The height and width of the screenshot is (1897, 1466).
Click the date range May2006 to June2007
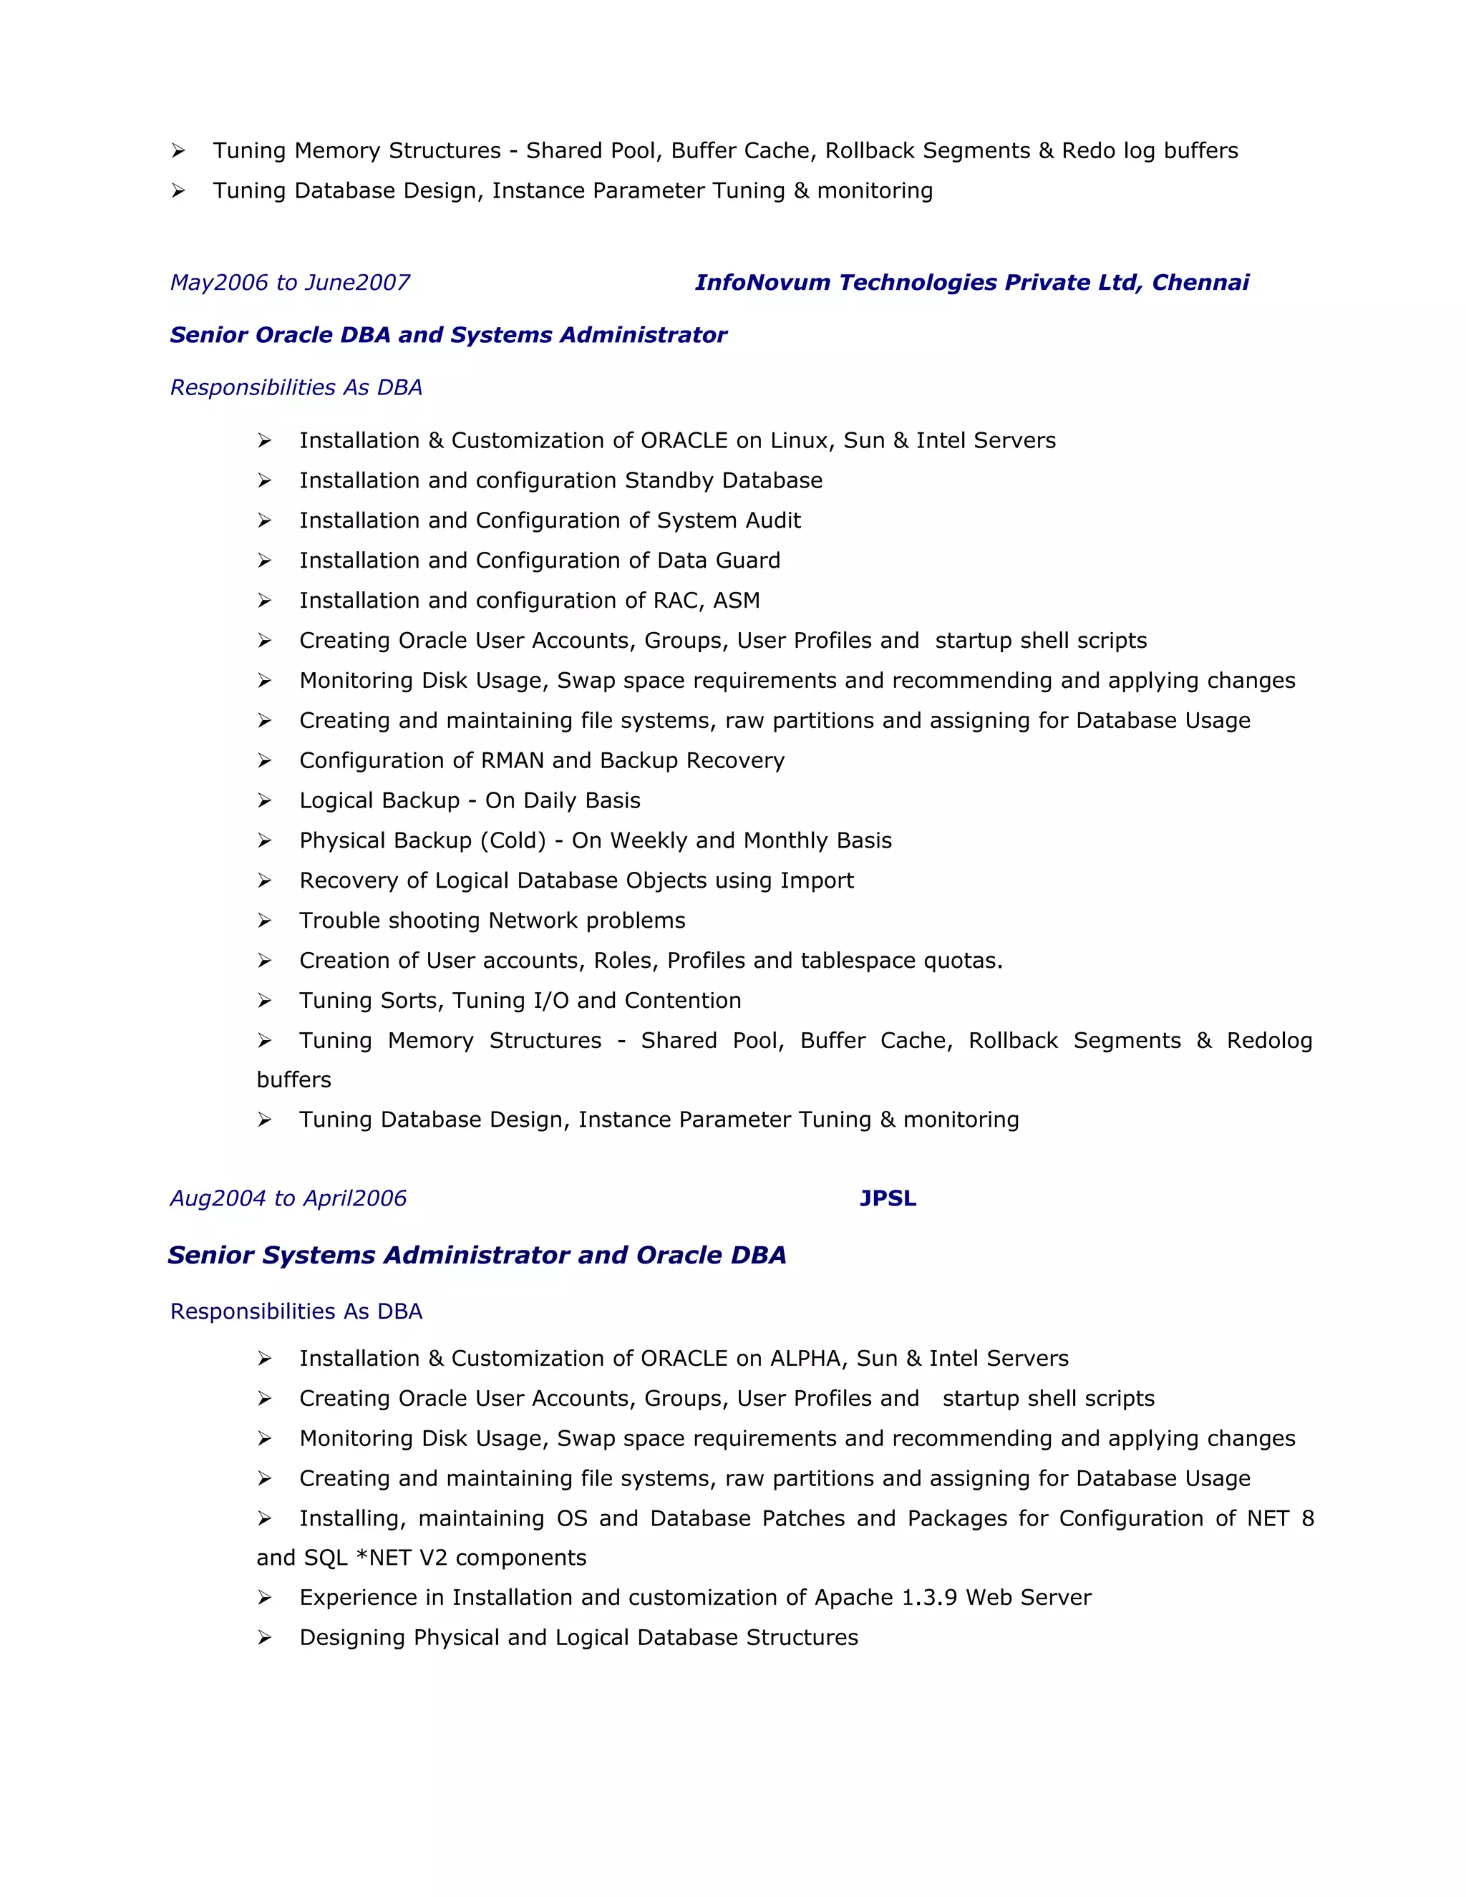pyautogui.click(x=289, y=282)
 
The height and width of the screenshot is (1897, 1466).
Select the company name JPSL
pyautogui.click(x=888, y=1198)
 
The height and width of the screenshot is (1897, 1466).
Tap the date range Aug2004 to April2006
pyautogui.click(x=288, y=1198)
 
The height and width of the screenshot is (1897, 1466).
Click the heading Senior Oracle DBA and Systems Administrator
pyautogui.click(x=448, y=334)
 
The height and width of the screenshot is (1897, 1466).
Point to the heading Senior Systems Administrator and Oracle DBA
pyautogui.click(x=476, y=1254)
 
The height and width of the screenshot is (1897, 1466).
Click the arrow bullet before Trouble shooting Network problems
pyautogui.click(x=264, y=921)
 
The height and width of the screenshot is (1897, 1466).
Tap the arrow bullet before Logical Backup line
pyautogui.click(x=264, y=801)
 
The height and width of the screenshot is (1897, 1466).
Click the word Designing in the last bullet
pyautogui.click(x=353, y=1637)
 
